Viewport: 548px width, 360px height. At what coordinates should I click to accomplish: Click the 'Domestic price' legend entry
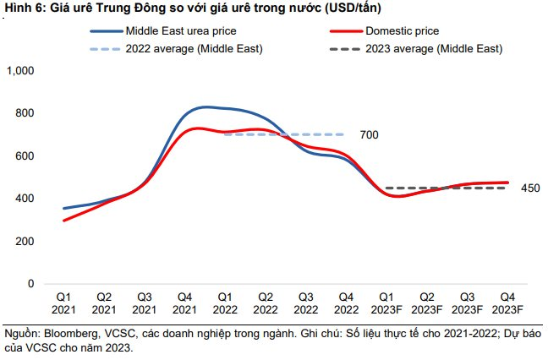click(x=402, y=31)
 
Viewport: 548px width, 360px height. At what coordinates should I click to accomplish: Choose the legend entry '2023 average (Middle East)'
click(x=434, y=49)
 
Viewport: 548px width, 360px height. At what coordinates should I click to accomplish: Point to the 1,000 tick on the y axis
click(x=20, y=71)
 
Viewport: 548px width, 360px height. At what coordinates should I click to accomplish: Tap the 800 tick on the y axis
click(x=25, y=113)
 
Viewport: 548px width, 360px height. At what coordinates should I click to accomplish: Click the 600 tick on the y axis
click(x=25, y=156)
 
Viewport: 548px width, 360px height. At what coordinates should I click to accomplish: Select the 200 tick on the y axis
click(x=25, y=242)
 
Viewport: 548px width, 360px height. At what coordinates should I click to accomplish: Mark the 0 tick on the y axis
click(x=30, y=284)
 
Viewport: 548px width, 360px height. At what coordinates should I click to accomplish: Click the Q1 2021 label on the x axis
click(x=63, y=303)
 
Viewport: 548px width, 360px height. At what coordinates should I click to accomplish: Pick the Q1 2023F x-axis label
click(x=386, y=303)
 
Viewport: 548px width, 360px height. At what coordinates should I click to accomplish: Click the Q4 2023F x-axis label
click(x=507, y=303)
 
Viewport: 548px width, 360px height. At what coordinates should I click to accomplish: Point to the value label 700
click(x=369, y=135)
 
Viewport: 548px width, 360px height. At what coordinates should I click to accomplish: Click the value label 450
click(x=530, y=188)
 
